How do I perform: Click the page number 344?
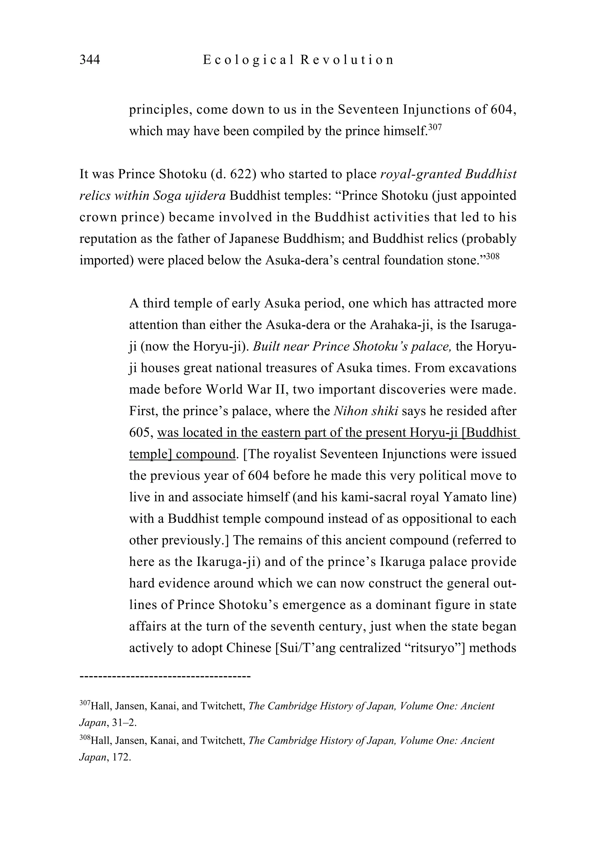pyautogui.click(x=89, y=60)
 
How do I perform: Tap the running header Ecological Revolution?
pyautogui.click(x=298, y=60)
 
